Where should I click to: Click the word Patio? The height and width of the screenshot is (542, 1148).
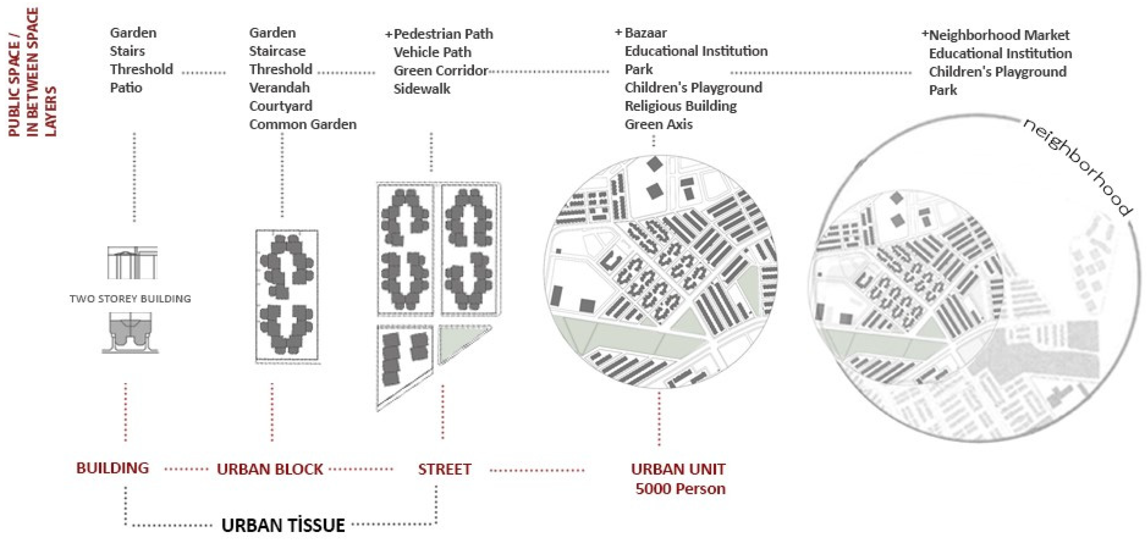(126, 88)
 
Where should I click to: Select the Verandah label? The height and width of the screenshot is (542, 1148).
(279, 88)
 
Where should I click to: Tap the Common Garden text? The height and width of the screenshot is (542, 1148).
(302, 124)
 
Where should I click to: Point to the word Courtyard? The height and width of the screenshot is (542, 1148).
(281, 106)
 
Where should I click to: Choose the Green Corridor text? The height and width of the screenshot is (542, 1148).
(441, 71)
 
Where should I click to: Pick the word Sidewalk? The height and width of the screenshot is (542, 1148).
(422, 89)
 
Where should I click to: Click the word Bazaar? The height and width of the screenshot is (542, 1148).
(645, 33)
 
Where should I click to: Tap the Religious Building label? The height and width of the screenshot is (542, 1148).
(681, 106)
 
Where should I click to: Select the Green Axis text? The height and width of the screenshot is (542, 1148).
(659, 124)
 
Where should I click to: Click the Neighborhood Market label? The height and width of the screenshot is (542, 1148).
(999, 35)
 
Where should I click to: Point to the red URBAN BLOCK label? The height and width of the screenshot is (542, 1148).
(270, 470)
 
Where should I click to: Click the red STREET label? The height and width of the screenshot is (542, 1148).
(444, 470)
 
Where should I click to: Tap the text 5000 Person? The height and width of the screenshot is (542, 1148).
(680, 489)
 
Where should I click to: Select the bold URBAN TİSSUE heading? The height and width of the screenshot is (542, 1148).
(283, 526)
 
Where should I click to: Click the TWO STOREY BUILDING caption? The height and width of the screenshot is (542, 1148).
(130, 299)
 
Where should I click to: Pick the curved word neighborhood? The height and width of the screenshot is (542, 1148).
(1076, 167)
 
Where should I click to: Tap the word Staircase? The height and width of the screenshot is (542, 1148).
(277, 51)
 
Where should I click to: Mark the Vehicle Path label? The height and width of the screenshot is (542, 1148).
(432, 52)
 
